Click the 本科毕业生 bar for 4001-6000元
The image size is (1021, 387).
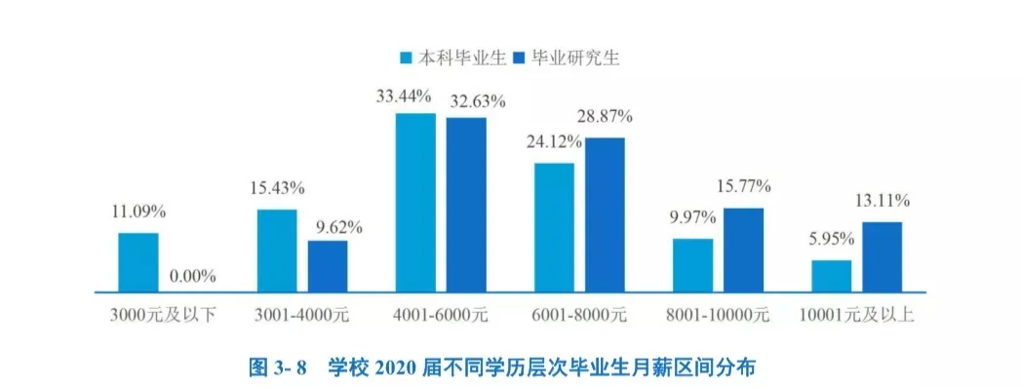pyautogui.click(x=415, y=202)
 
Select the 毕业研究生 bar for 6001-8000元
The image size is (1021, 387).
pyautogui.click(x=605, y=214)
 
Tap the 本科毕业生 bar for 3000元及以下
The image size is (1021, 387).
pyautogui.click(x=138, y=261)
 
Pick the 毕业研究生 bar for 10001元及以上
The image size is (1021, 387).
pyautogui.click(x=882, y=256)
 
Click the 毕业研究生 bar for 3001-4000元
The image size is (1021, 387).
pyautogui.click(x=328, y=265)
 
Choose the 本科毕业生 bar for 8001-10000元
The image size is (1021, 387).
pyautogui.click(x=692, y=264)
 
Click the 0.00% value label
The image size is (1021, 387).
pyautogui.click(x=192, y=276)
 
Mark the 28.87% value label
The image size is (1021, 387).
pyautogui.click(x=604, y=116)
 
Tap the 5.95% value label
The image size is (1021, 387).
pyautogui.click(x=832, y=240)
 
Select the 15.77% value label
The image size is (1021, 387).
pyautogui.click(x=743, y=186)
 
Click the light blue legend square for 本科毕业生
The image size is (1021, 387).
pyautogui.click(x=407, y=58)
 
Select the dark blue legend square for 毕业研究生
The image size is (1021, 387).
pyautogui.click(x=519, y=58)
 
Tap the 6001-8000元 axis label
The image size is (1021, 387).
pyautogui.click(x=579, y=316)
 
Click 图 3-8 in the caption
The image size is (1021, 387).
pyautogui.click(x=278, y=367)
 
